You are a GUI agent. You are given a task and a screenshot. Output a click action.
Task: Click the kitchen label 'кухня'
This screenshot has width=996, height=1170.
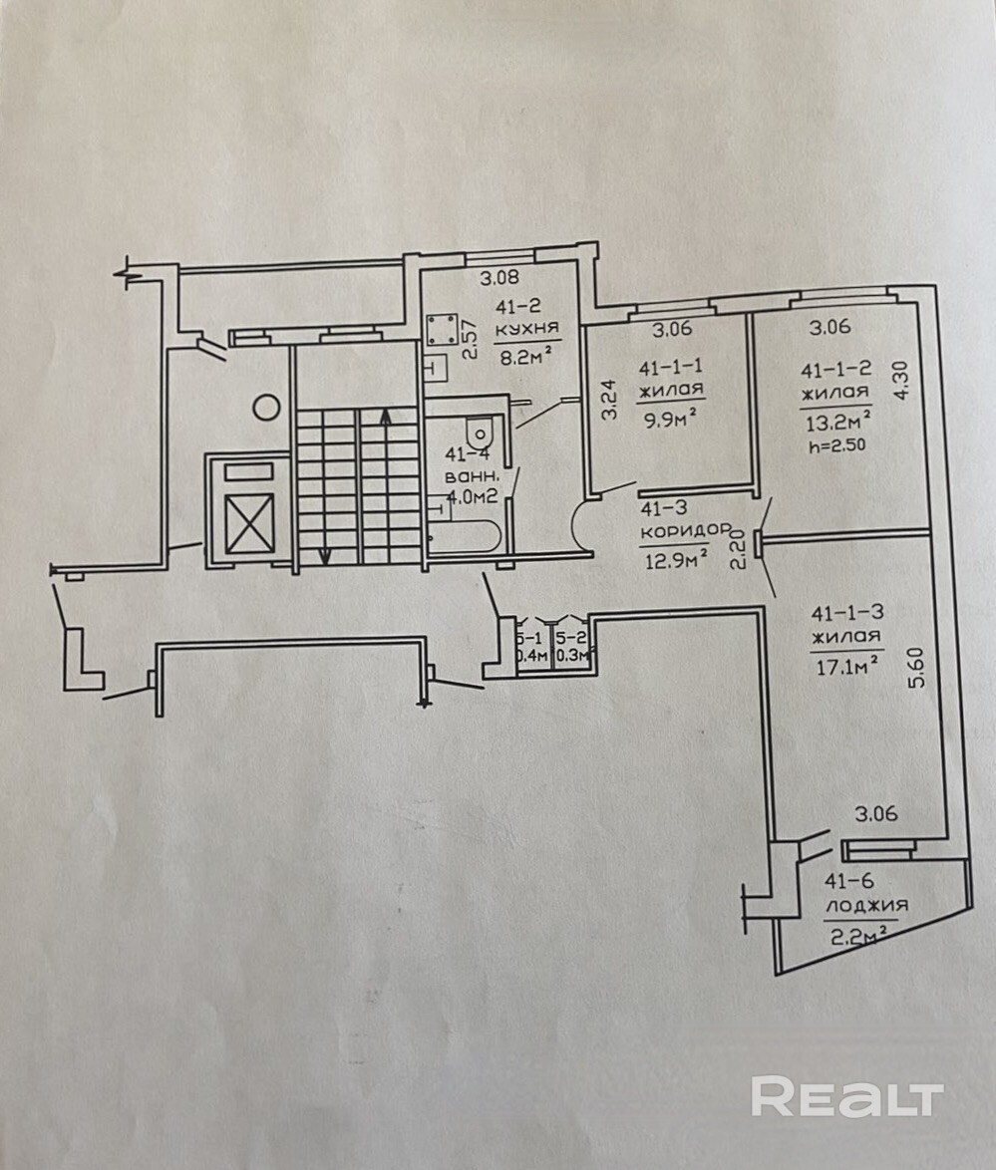(526, 328)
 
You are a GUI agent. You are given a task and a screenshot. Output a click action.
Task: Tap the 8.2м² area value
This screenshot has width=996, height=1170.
(526, 355)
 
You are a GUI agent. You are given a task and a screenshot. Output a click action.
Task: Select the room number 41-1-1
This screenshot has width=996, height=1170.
(670, 367)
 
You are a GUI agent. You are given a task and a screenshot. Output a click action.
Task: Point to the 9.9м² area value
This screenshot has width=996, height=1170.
(670, 419)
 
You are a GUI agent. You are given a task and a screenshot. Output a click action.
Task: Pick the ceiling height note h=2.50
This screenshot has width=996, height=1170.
(836, 446)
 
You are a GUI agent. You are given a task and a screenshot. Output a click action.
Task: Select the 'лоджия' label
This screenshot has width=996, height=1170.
(866, 906)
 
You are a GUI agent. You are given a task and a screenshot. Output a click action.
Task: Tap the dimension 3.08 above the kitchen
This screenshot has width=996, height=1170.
(498, 279)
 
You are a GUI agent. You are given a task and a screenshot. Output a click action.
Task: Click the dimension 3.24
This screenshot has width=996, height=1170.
(610, 400)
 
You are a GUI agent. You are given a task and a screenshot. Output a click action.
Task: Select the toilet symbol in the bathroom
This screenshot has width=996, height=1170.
(480, 431)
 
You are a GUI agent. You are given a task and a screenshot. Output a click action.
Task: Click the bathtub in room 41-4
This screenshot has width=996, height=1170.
(465, 536)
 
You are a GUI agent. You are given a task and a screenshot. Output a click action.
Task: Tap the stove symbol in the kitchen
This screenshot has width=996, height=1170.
(442, 329)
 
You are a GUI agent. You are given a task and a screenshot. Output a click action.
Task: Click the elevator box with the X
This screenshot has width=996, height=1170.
(248, 523)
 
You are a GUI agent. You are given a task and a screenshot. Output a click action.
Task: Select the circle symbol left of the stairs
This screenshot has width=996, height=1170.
(266, 408)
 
